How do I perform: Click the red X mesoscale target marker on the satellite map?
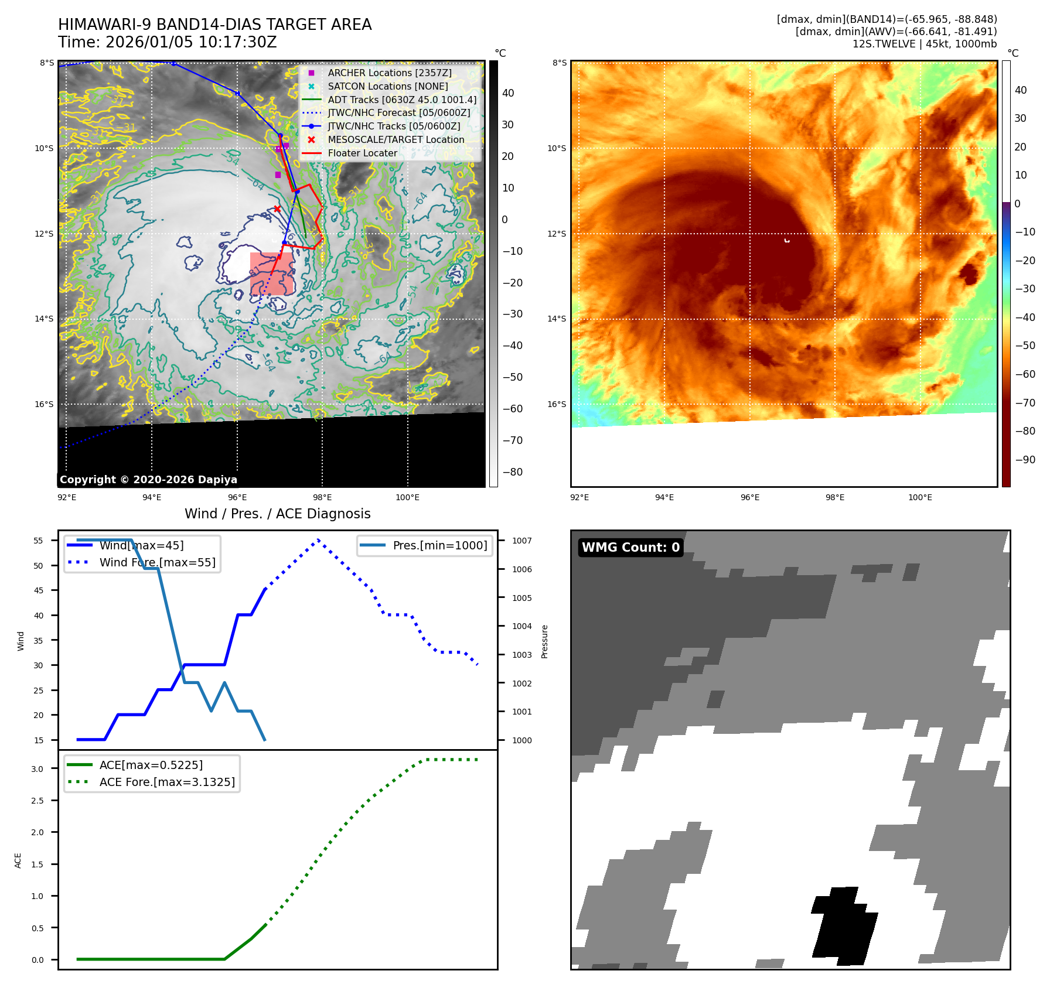(277, 209)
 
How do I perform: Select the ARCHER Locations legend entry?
(389, 73)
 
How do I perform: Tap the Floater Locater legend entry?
(362, 153)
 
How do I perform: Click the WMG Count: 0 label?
(630, 547)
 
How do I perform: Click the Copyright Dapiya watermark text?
(148, 480)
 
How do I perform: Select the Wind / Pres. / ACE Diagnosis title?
(277, 514)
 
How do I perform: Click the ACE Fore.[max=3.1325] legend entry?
(166, 782)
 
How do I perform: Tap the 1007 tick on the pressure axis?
(521, 541)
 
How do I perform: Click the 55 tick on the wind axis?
(39, 541)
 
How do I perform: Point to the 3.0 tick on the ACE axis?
(37, 769)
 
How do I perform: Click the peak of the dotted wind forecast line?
(318, 540)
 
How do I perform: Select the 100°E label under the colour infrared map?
(920, 497)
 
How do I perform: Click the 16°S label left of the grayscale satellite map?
(44, 404)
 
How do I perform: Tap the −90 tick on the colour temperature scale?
(1025, 460)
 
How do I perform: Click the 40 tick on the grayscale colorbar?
(508, 93)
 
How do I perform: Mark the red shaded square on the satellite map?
(271, 274)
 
